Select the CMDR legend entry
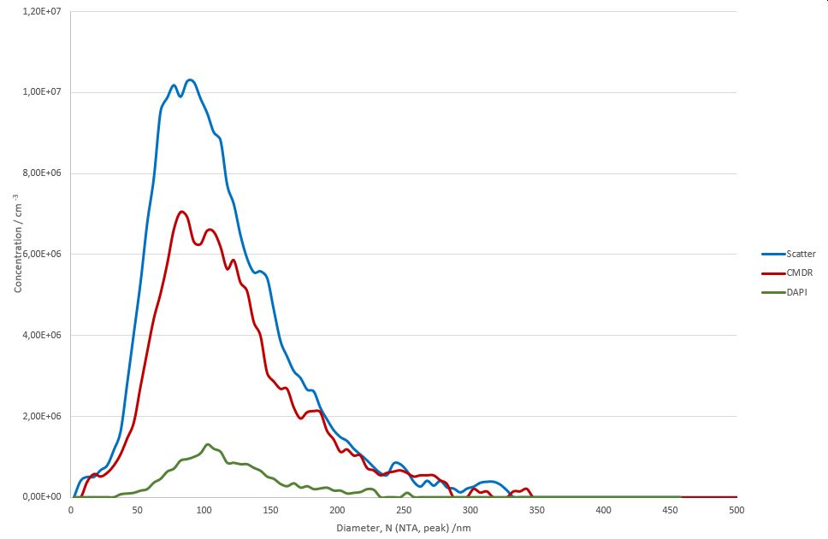(x=799, y=273)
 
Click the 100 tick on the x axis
(x=204, y=510)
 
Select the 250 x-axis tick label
(x=404, y=510)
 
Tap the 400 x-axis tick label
(x=604, y=510)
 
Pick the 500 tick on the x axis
(x=736, y=510)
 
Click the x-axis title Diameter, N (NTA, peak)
(x=404, y=528)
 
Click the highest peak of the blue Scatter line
(x=190, y=80)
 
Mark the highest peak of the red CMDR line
(x=181, y=212)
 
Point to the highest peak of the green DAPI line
(x=208, y=444)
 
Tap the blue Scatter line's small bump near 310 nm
(x=489, y=482)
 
